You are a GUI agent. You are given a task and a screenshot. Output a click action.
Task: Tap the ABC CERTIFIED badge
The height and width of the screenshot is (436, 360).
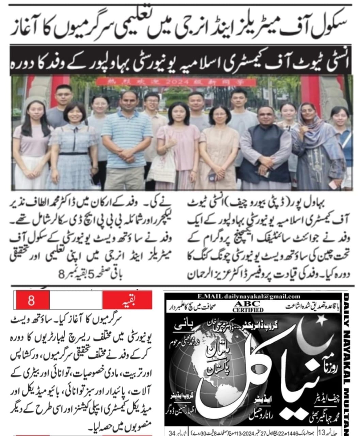pyautogui.click(x=248, y=306)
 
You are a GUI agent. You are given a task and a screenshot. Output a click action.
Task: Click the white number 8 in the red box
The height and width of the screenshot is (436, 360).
pyautogui.click(x=31, y=301)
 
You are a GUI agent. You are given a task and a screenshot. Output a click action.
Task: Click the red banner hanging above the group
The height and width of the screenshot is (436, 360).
pyautogui.click(x=176, y=82)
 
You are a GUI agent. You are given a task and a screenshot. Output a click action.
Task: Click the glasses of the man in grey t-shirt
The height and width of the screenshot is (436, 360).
pyautogui.click(x=64, y=94)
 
